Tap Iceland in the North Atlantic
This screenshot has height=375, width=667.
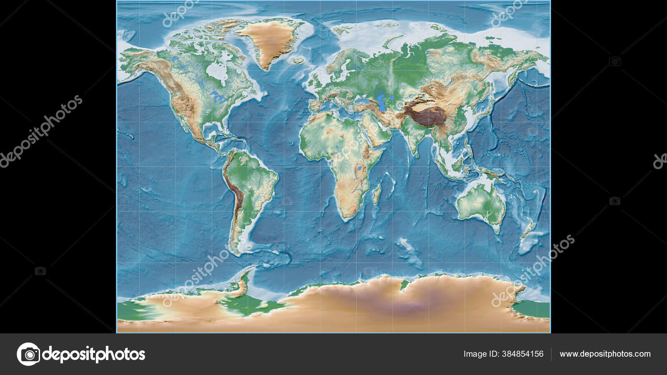click(x=296, y=60)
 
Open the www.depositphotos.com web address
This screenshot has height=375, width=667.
click(x=605, y=354)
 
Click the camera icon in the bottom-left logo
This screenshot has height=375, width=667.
click(x=29, y=354)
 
